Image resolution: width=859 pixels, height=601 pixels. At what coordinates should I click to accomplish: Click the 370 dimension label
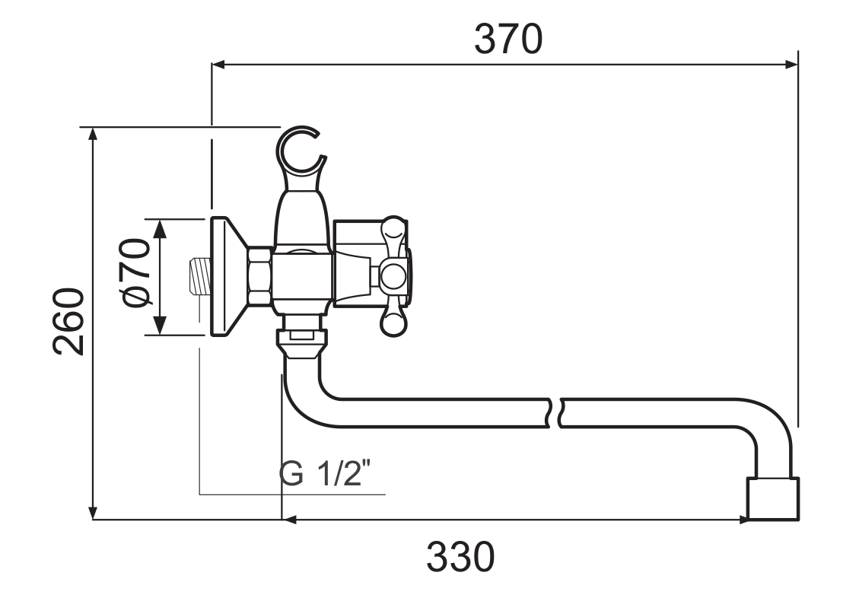[508, 40]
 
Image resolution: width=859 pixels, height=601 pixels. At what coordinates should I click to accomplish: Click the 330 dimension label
[460, 557]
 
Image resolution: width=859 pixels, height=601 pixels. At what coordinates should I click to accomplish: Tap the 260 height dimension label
[69, 322]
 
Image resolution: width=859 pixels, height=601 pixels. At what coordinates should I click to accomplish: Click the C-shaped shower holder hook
[299, 151]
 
